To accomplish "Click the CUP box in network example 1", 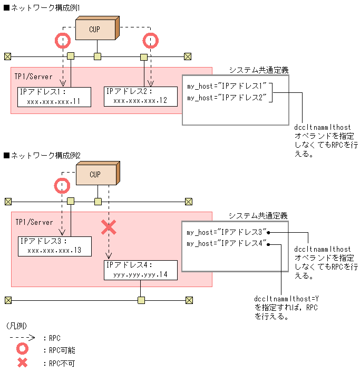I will tap(94, 30).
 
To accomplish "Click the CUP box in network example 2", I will tap(95, 175).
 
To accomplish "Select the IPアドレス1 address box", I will tap(54, 97).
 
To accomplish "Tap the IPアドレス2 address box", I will tap(140, 96).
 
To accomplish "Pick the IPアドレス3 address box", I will tap(54, 246).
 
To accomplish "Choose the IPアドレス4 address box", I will tap(140, 270).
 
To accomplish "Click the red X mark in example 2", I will tap(109, 227).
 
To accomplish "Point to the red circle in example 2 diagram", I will tap(63, 185).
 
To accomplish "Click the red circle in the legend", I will tap(23, 350).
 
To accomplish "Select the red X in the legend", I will tap(23, 363).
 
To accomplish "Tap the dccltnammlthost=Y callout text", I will tap(288, 307).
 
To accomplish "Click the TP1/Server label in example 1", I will tap(34, 77).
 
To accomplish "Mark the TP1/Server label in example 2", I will tap(34, 222).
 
